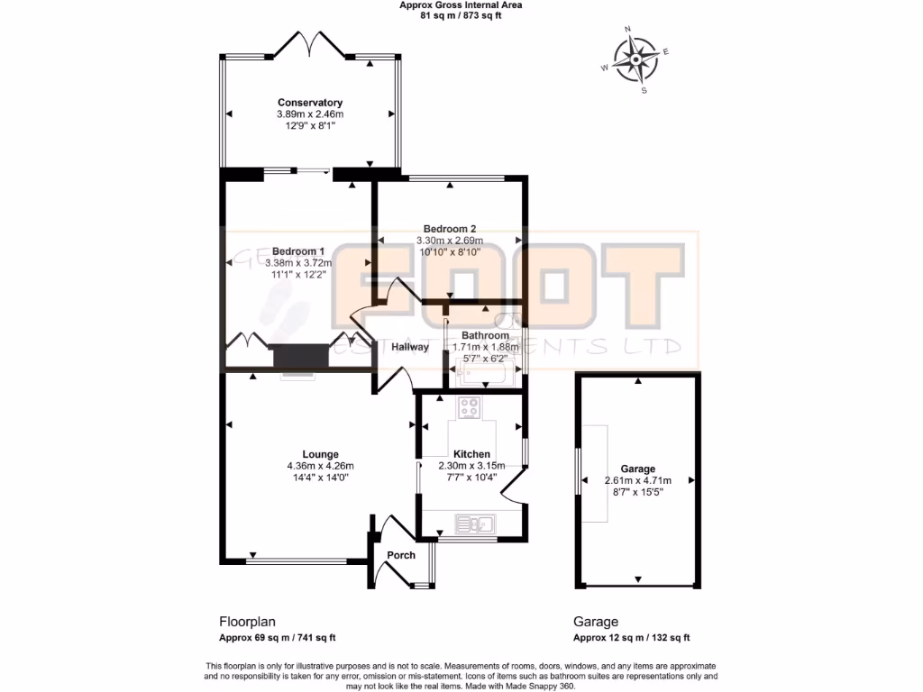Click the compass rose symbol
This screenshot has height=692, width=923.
[635, 60]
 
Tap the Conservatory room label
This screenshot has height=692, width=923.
[309, 103]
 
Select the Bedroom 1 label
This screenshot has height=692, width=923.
[298, 251]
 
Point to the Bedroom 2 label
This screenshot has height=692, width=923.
[449, 229]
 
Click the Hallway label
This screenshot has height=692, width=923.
[410, 347]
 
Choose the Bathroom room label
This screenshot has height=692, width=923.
[485, 336]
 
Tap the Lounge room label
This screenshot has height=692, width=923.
[320, 454]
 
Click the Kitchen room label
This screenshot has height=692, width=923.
[471, 454]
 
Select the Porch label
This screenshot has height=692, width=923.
[401, 555]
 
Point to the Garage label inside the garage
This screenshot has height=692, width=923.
[637, 469]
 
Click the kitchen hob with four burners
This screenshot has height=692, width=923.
[471, 407]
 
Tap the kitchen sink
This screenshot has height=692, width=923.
[473, 523]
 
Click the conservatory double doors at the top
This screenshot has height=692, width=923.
[309, 45]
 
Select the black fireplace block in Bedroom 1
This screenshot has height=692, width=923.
[300, 357]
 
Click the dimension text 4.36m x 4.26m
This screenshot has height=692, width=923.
[320, 466]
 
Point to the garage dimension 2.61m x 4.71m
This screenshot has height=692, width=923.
[637, 480]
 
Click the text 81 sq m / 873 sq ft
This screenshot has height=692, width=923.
[461, 15]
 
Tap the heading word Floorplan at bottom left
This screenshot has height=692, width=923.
[247, 622]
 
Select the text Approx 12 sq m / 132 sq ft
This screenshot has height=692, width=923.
[631, 638]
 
